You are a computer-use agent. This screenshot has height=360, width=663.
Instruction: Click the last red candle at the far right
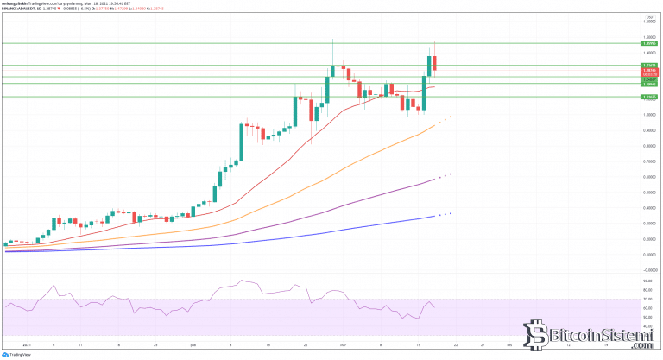(436, 63)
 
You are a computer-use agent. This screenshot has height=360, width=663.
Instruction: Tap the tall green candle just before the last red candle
(429, 66)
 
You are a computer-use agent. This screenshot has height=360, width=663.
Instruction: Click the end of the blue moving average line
(434, 217)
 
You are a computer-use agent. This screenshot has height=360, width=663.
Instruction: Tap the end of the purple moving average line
(434, 179)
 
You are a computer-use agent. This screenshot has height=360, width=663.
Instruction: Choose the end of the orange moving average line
(434, 126)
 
